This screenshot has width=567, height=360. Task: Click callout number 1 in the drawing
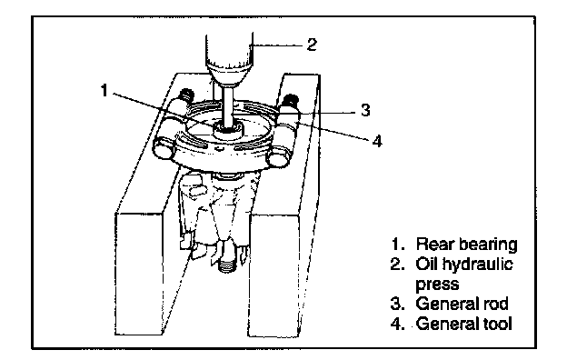[x=104, y=90]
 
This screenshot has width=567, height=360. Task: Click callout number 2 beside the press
[x=312, y=45]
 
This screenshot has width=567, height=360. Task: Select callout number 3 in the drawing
[x=365, y=110]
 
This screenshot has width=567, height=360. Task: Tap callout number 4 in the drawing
[x=377, y=141]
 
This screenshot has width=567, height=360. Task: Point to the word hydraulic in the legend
[x=477, y=265]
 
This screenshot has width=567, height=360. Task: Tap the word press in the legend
[x=437, y=285]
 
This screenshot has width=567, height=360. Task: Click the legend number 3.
[x=397, y=304]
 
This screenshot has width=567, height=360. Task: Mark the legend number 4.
[x=397, y=323]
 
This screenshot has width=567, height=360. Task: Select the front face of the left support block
[x=138, y=274]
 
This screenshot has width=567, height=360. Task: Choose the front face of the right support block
[x=274, y=275]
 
